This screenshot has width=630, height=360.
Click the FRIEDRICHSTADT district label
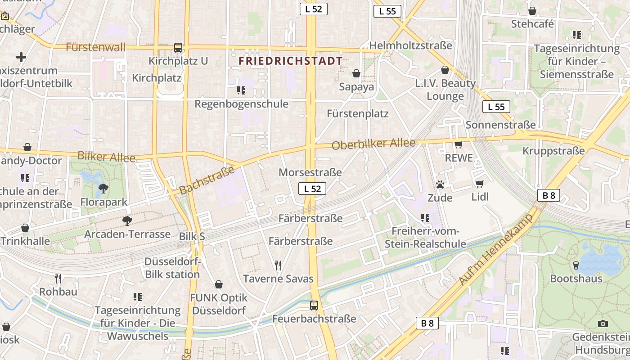coord(290,61)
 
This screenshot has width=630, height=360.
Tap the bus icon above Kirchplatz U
coord(178,48)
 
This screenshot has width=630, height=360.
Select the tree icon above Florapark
coord(103,189)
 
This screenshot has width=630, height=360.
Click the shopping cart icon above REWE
coord(459,144)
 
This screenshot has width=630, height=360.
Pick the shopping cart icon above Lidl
coord(479,184)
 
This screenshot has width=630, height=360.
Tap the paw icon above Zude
coord(440,184)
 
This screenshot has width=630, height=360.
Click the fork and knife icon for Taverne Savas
coord(278,265)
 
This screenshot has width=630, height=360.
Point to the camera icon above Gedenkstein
coord(603,324)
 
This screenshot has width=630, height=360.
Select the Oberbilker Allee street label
coord(373,144)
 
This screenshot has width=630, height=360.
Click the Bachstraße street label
coord(207,180)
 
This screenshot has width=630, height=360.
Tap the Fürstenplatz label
coord(358,113)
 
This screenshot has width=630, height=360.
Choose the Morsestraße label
coord(310,172)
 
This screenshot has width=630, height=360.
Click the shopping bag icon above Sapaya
coord(356,73)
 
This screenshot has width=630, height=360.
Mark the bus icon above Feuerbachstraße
coord(314,306)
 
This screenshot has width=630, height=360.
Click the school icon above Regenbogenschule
coord(241,90)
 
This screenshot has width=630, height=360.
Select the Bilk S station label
coord(192,236)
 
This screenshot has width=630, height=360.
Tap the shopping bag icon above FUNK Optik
coord(219,284)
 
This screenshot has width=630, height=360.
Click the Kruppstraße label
coord(553,150)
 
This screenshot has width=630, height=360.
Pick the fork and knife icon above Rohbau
coord(58,278)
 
